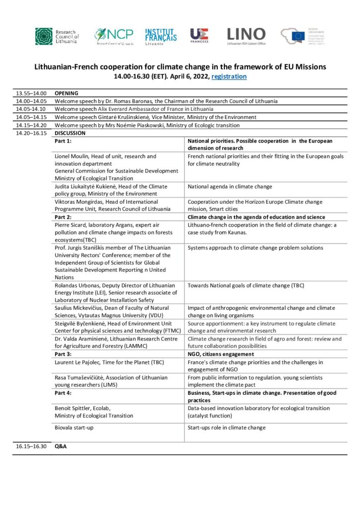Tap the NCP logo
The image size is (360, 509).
tap(114, 36)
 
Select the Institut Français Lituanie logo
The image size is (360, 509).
tap(161, 36)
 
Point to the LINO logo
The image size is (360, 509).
tap(246, 36)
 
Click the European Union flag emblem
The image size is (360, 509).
tap(298, 36)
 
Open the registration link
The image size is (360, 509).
tap(229, 77)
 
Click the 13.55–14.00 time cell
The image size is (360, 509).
tap(31, 93)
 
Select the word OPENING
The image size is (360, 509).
tap(67, 93)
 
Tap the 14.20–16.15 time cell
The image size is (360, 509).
tap(31, 133)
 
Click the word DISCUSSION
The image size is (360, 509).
tap(71, 133)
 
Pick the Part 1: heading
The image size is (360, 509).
tap(63, 141)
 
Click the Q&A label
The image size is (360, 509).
tap(61, 446)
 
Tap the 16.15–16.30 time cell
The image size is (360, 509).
tap(31, 446)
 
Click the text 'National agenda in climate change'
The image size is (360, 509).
tap(230, 187)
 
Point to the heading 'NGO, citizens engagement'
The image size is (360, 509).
tap(221, 354)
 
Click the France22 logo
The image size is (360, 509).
tap(199, 36)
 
